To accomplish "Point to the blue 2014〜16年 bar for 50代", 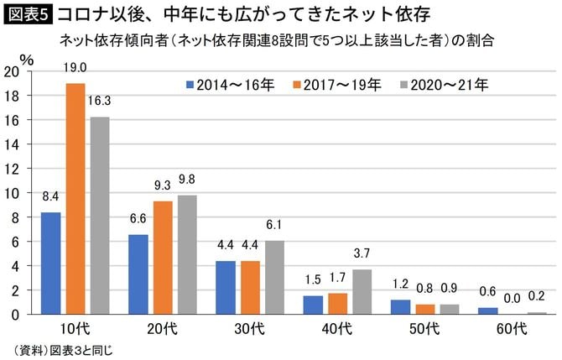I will click(399, 306).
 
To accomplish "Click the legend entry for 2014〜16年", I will click(225, 84).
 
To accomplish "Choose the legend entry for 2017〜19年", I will click(335, 84).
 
